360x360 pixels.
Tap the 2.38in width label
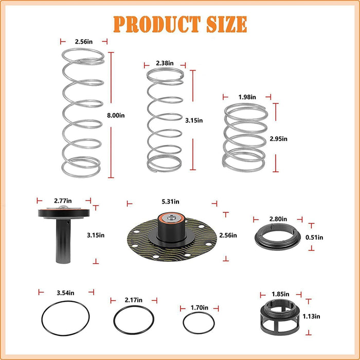point(165,64)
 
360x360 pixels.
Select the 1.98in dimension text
point(247,96)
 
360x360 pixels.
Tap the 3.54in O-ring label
point(66,292)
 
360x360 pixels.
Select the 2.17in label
point(134,299)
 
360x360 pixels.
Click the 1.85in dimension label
point(279,293)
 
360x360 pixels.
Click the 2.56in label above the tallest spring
point(83,41)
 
